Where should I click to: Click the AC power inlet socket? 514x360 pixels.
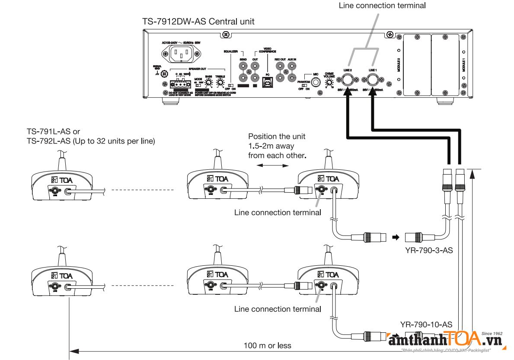[181, 54]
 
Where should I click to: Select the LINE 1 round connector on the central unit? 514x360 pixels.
[372, 80]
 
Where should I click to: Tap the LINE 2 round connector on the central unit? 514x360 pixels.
[348, 80]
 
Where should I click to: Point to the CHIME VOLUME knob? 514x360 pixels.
[329, 82]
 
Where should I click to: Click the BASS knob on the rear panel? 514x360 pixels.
[208, 82]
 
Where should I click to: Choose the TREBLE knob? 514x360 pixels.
[221, 82]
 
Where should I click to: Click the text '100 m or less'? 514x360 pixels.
[267, 345]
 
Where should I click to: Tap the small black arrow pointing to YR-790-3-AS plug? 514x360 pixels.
[394, 237]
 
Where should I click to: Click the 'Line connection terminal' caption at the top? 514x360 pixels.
[382, 6]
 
